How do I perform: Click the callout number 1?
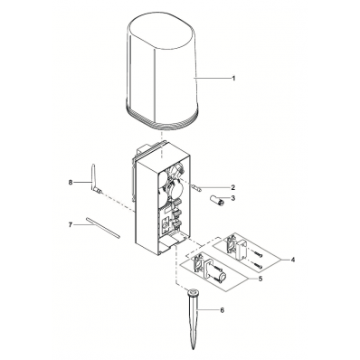(233, 78)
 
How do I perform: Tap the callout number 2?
(233, 187)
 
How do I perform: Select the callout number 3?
(233, 198)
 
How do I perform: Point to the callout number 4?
(293, 260)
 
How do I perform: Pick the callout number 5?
(261, 279)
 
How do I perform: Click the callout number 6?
(223, 310)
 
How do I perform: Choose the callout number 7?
(71, 225)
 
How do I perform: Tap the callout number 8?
(71, 183)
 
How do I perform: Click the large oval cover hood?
(162, 75)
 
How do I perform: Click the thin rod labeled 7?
(103, 227)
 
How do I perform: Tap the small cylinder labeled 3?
(216, 200)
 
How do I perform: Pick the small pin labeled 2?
(195, 187)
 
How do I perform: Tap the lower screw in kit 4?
(257, 266)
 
